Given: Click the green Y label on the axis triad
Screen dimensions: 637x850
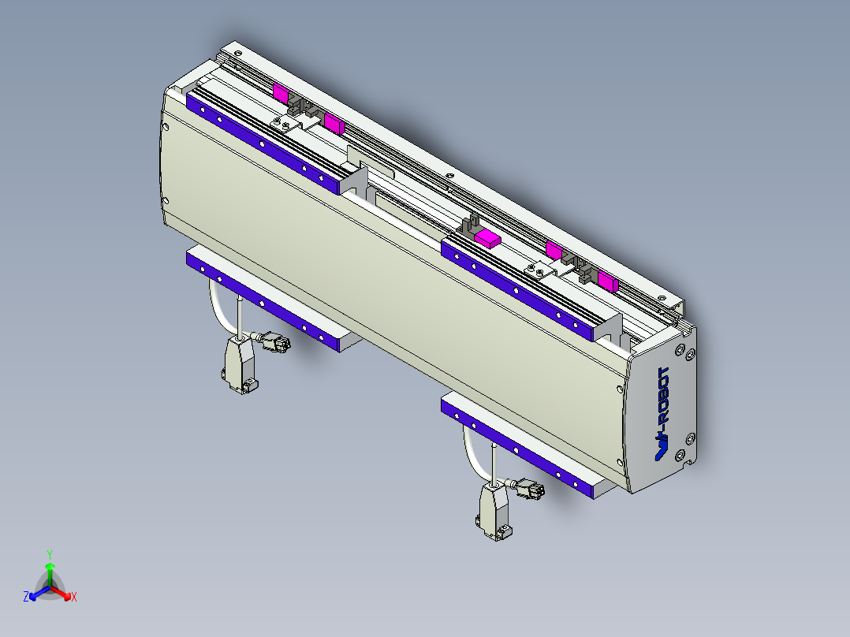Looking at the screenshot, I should [x=49, y=554].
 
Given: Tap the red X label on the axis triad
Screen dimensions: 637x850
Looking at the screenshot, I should [x=74, y=598].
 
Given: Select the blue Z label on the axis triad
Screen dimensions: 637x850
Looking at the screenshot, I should [x=26, y=598].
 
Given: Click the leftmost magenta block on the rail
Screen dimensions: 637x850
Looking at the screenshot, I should [x=281, y=91].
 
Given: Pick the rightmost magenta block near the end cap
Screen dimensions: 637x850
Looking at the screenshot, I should [x=607, y=281].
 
